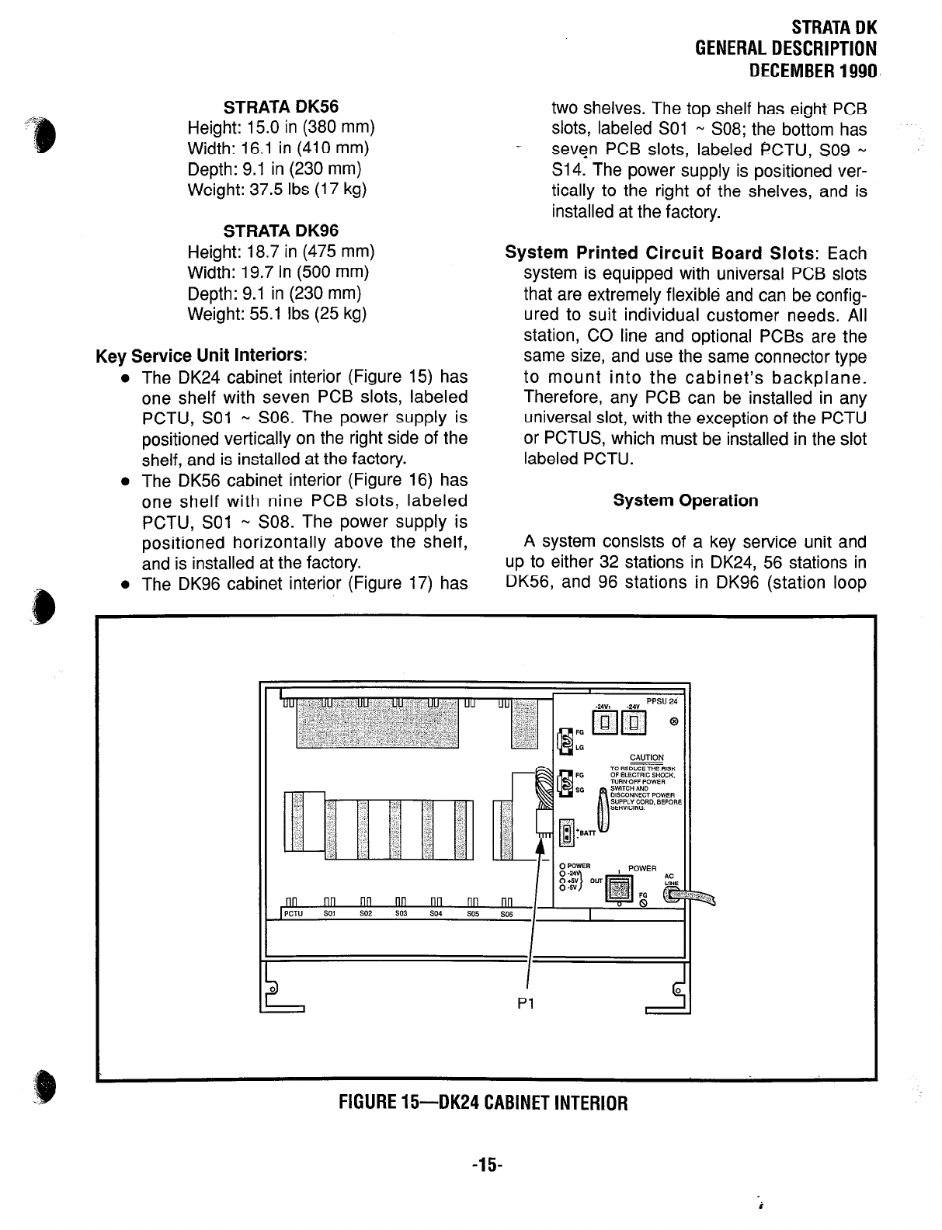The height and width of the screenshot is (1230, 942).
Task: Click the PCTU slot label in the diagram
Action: tap(293, 914)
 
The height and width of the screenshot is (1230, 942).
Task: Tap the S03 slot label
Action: tap(401, 914)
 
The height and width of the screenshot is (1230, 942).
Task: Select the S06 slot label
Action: tap(506, 915)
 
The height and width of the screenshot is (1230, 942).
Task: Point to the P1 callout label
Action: tap(525, 1004)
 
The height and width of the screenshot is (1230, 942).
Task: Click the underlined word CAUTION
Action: tap(647, 758)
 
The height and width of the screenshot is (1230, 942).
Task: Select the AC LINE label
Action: tap(671, 879)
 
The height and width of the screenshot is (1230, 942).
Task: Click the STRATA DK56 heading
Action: tap(281, 106)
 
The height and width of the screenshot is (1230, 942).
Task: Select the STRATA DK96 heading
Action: tap(281, 231)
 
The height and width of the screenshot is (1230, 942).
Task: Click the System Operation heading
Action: tap(685, 500)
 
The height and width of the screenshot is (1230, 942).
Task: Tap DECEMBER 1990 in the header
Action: tap(812, 71)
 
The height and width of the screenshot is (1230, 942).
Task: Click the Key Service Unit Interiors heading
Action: tap(202, 356)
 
